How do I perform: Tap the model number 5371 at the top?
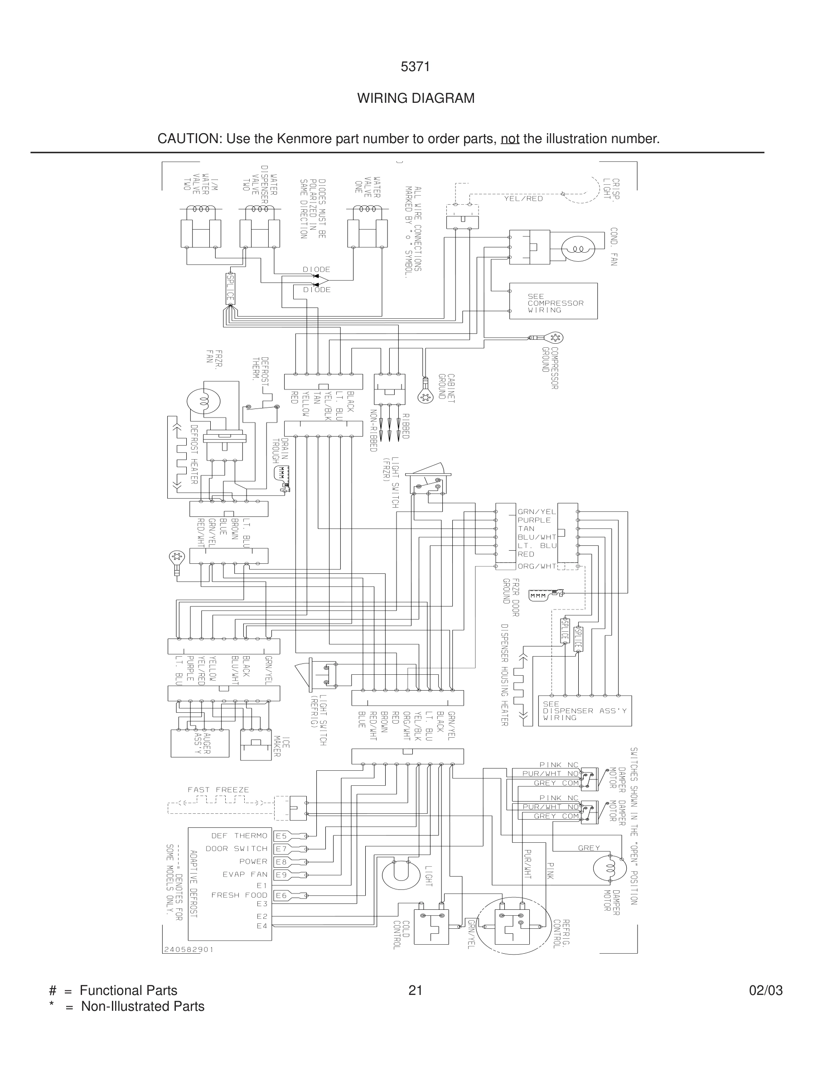click(x=415, y=67)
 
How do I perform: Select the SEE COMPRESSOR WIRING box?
click(x=553, y=301)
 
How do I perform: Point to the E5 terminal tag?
click(x=281, y=836)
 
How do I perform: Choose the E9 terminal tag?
click(x=281, y=874)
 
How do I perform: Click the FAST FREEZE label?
click(x=218, y=789)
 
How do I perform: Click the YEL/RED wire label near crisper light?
click(x=523, y=198)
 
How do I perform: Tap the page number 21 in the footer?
click(x=415, y=990)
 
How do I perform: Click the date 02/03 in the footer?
click(x=765, y=990)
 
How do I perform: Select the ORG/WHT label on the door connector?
click(x=536, y=566)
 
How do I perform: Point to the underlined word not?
click(x=510, y=139)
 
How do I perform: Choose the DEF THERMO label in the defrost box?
click(x=239, y=836)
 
